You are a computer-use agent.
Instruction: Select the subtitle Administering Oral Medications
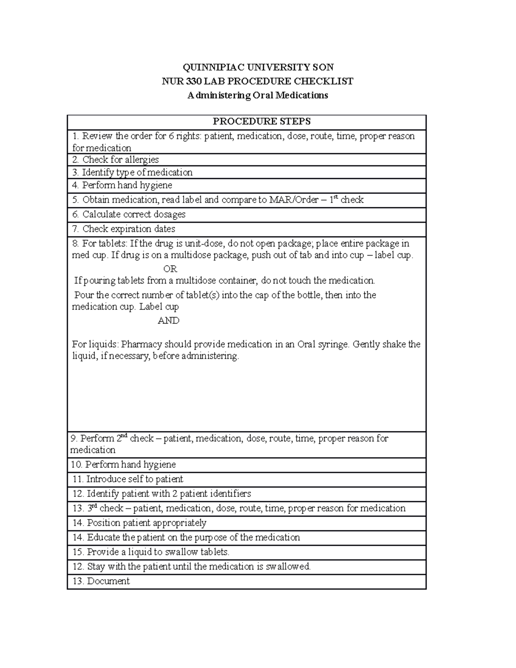tap(258, 95)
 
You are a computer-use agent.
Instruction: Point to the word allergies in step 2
tap(142, 160)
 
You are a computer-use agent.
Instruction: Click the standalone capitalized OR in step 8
tap(170, 269)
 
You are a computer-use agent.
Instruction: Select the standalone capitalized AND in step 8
tap(169, 321)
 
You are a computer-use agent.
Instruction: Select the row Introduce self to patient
tap(134, 480)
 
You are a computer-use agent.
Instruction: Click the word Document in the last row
tap(108, 582)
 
